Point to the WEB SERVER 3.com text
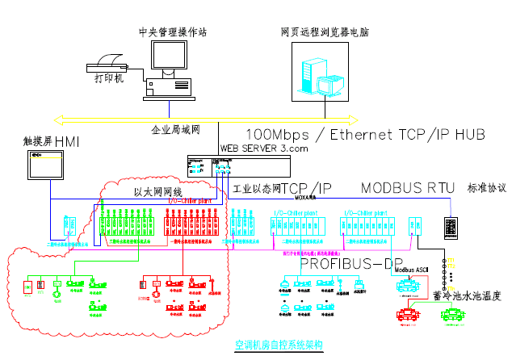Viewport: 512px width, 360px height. (x=264, y=149)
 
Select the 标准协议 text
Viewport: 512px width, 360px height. (x=486, y=188)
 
